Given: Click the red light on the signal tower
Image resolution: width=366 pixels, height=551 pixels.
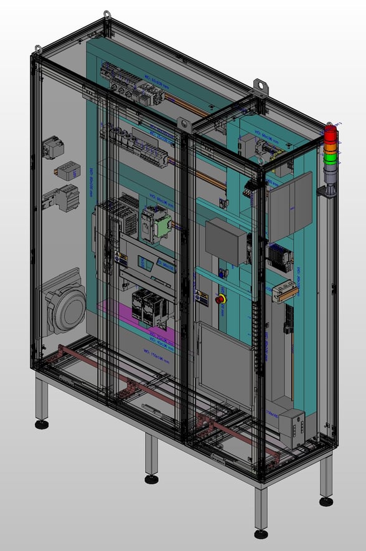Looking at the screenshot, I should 330,133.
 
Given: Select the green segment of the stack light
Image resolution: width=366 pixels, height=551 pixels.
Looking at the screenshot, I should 330,157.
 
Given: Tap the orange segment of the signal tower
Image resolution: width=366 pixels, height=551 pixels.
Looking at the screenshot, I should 330,145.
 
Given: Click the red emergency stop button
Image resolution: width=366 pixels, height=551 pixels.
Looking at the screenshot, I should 220,299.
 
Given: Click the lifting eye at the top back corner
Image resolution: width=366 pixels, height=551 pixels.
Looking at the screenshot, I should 108,15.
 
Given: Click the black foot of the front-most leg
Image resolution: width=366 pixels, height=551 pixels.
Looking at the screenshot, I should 261,534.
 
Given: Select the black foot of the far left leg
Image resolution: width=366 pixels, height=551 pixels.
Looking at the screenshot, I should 42,425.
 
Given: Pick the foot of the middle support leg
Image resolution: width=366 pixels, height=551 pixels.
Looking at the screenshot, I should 151,479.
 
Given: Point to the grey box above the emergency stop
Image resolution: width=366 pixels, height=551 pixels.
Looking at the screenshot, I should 227,241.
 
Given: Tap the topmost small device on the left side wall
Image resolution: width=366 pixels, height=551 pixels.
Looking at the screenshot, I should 54,148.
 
